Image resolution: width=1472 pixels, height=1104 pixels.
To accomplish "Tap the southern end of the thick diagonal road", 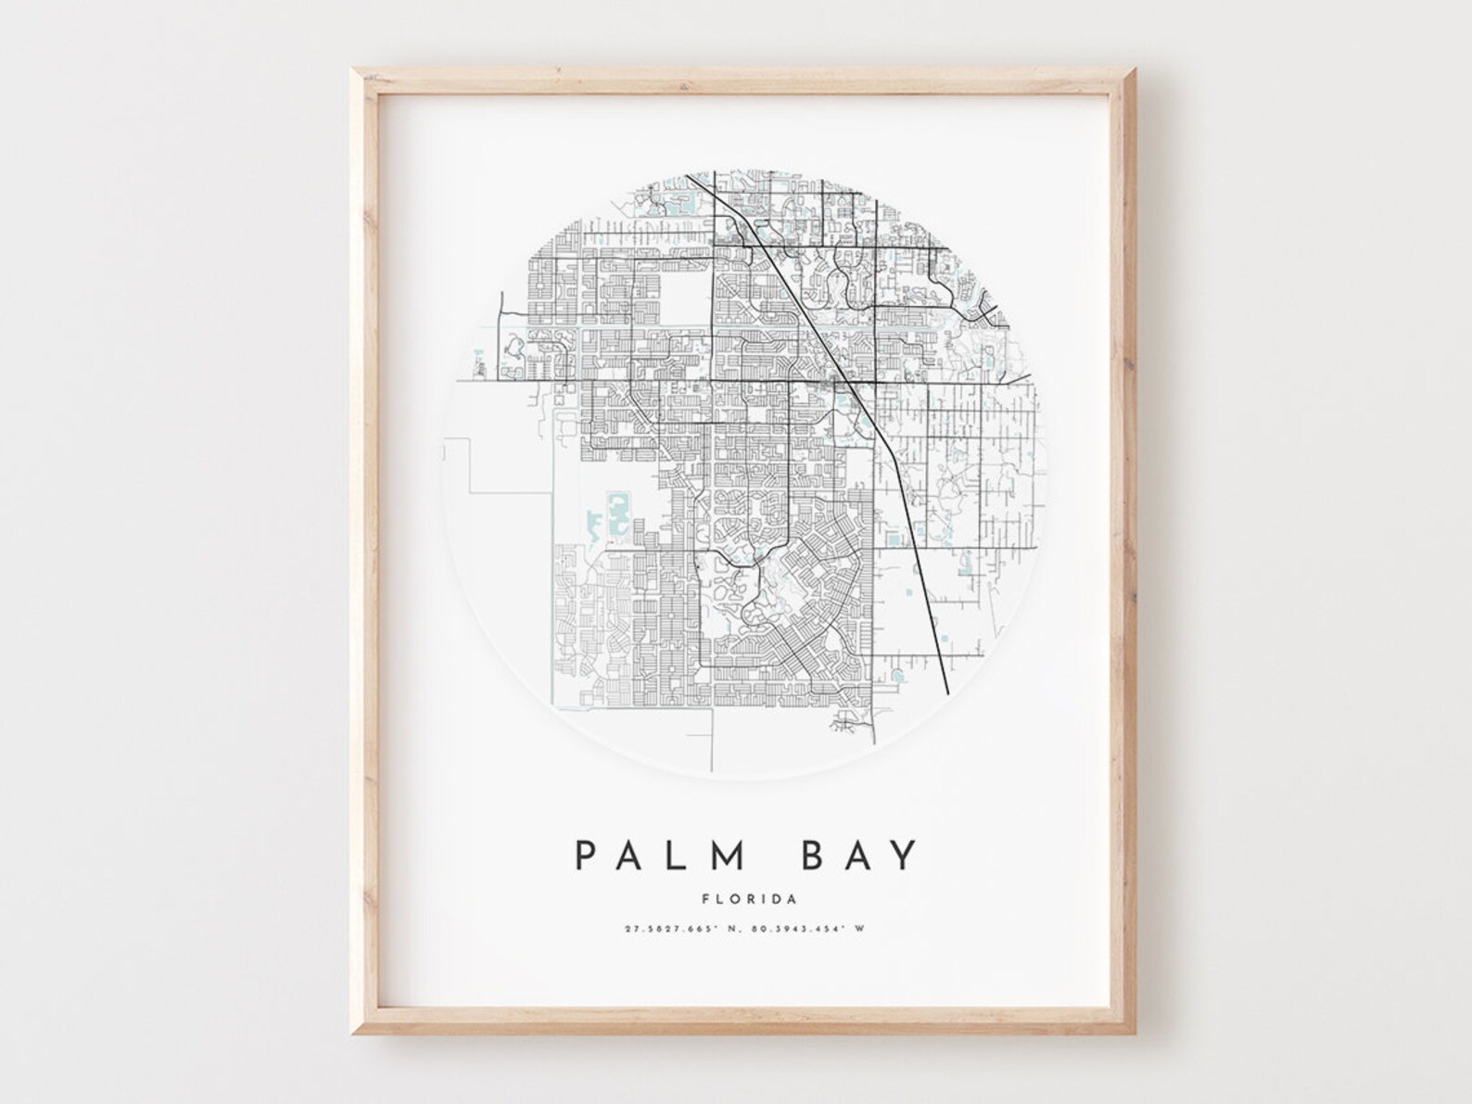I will click(x=945, y=692).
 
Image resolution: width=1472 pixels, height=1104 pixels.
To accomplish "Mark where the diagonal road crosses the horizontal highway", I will click(x=845, y=381).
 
